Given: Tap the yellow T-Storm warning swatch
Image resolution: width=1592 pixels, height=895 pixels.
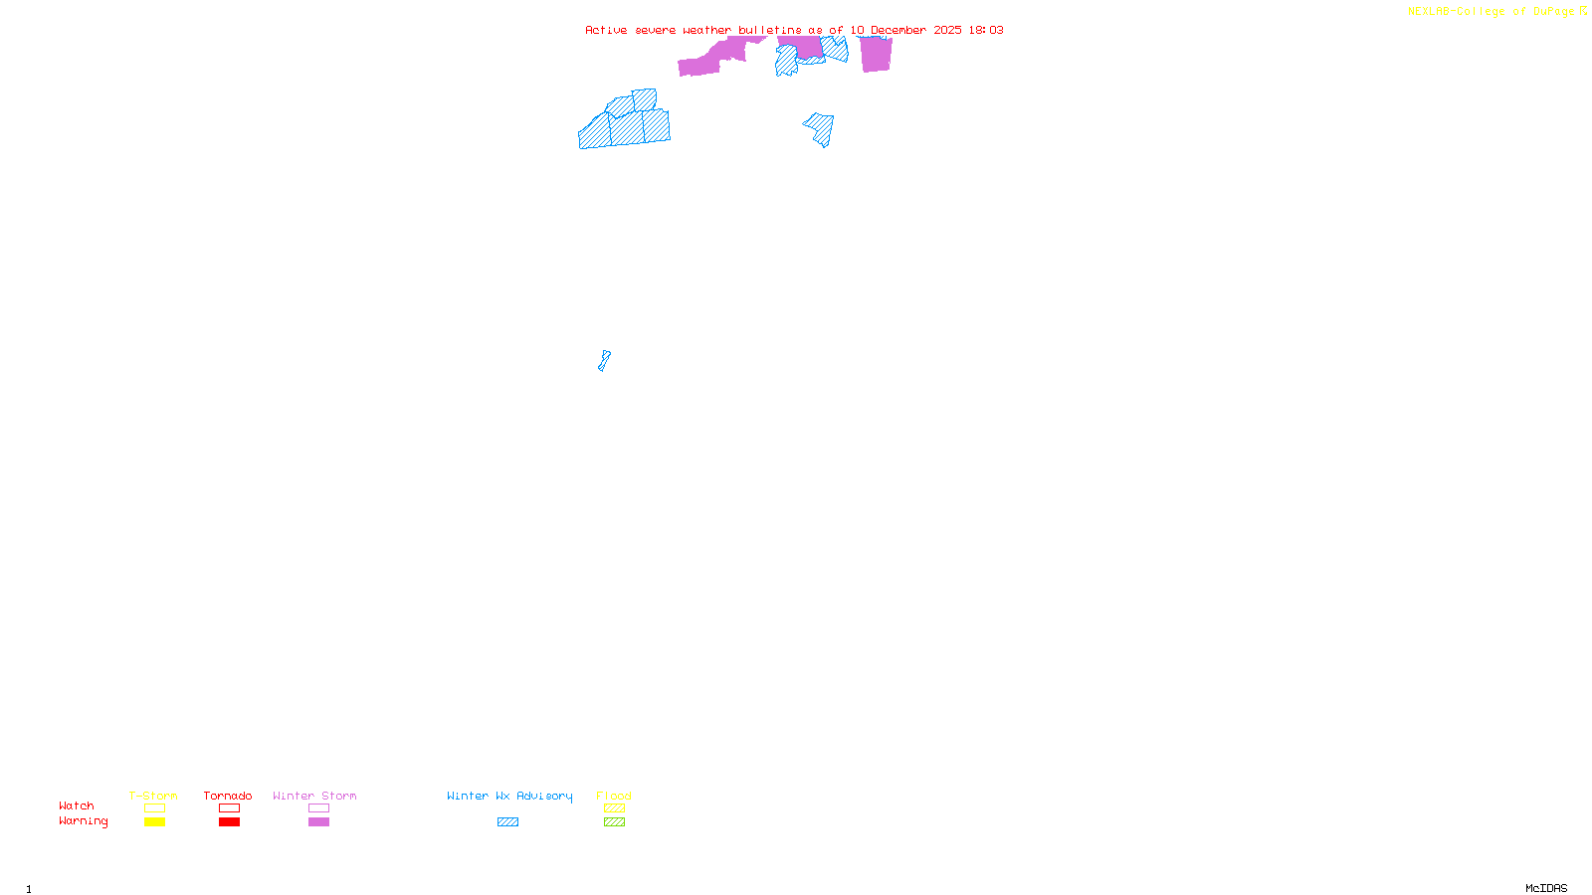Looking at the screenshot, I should click(154, 822).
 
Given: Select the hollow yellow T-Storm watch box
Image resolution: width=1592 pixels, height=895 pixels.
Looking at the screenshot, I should click(154, 808).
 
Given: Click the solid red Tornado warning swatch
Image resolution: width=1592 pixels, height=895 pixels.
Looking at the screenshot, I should click(229, 822).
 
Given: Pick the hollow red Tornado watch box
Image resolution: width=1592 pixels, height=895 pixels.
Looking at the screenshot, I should click(229, 808).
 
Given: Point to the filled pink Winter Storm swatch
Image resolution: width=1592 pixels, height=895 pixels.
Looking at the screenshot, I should click(318, 822).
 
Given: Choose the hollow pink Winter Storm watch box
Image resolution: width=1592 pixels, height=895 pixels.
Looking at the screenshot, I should click(318, 808).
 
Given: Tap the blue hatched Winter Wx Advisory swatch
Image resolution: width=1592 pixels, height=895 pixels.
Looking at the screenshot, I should click(507, 822).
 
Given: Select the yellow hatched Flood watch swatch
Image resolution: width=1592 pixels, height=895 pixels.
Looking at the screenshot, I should click(614, 808).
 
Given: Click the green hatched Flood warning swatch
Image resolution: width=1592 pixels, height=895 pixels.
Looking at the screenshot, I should click(614, 822).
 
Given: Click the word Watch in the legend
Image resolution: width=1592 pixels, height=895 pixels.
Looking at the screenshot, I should click(77, 806).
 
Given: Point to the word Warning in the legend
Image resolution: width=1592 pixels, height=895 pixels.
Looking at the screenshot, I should click(84, 821).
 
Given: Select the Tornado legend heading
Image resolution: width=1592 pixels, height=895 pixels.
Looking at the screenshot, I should click(228, 796).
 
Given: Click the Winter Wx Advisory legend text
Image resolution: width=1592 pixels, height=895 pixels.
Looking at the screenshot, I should click(509, 796).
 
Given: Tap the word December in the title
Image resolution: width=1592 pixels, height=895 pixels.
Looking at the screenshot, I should click(898, 30).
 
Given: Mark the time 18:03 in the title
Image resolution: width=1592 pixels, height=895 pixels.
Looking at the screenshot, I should click(986, 30).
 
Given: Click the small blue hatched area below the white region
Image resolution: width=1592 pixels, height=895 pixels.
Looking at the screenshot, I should click(604, 361).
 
